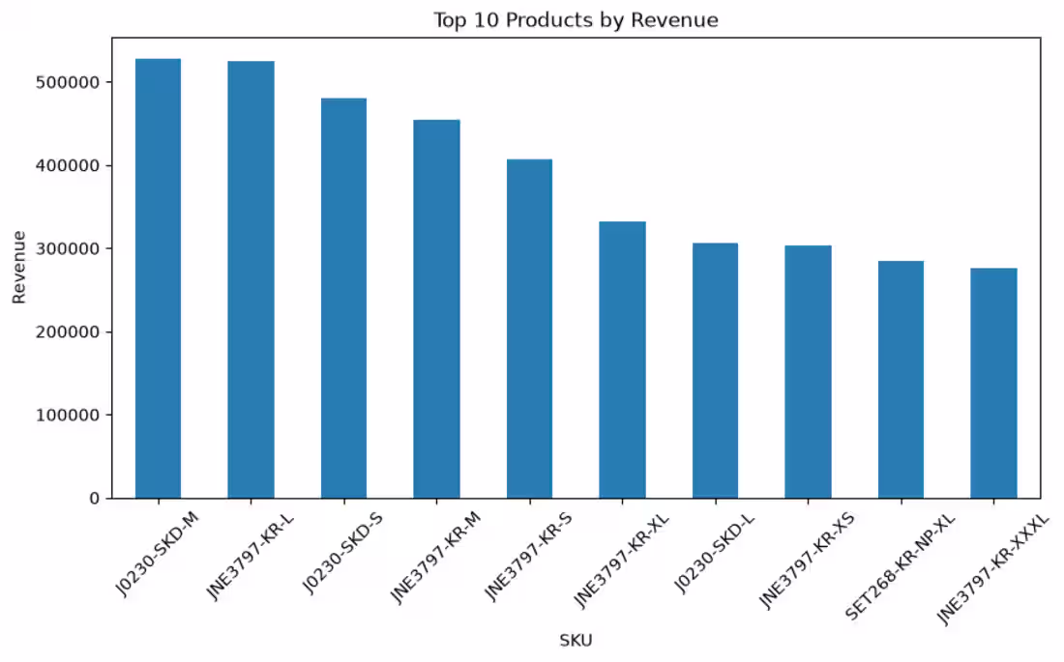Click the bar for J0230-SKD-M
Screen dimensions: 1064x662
158,278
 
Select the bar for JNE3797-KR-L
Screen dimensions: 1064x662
251,279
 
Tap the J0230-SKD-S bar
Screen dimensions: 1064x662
344,299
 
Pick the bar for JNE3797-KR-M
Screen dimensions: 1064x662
437,309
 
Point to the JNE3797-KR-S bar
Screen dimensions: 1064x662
529,329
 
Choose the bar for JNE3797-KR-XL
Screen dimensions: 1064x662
622,360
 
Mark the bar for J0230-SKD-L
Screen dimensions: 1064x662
715,371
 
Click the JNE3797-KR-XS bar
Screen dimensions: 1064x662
809,372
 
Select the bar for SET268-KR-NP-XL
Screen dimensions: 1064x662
901,380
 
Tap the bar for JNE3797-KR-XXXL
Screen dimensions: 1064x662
994,384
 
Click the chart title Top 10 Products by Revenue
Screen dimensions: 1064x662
576,20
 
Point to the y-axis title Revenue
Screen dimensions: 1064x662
19,268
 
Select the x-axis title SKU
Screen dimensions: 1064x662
576,640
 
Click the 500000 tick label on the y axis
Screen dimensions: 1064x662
67,82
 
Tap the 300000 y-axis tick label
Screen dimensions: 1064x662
67,249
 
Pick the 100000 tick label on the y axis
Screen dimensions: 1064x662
67,416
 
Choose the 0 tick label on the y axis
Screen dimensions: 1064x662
95,499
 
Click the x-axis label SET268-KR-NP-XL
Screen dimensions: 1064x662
900,567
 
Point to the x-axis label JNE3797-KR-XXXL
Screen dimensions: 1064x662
992,570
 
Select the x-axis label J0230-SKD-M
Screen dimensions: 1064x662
158,554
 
